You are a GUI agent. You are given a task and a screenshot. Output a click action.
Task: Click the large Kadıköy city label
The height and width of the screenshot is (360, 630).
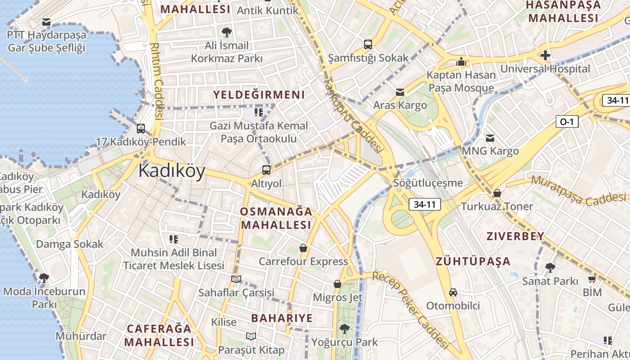pyautogui.click(x=171, y=171)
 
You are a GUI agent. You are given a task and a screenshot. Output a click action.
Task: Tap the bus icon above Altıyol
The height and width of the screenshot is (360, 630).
pyautogui.click(x=266, y=170)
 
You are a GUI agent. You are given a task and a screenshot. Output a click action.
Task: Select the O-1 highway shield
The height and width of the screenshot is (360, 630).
pyautogui.click(x=567, y=121)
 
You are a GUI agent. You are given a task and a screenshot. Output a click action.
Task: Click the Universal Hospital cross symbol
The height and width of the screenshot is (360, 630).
pyautogui.click(x=545, y=55)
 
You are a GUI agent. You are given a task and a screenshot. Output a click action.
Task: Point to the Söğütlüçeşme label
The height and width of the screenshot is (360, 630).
pyautogui.click(x=427, y=183)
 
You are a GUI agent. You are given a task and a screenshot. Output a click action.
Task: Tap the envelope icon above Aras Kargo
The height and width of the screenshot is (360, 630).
pyautogui.click(x=400, y=92)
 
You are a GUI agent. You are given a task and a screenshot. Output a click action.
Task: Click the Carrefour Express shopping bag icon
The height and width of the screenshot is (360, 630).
pyautogui.click(x=303, y=248)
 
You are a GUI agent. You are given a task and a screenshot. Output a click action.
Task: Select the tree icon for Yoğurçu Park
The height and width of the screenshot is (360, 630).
pyautogui.click(x=345, y=329)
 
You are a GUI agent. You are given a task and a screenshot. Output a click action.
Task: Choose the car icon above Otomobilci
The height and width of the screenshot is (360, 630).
pyautogui.click(x=453, y=292)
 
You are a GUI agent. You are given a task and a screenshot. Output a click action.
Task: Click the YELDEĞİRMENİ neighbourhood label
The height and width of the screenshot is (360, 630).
pyautogui.click(x=259, y=95)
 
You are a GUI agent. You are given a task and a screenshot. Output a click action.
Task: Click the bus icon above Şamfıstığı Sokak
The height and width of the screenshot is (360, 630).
pyautogui.click(x=368, y=45)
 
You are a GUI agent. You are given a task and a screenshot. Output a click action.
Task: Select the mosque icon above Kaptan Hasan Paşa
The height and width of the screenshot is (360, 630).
pyautogui.click(x=461, y=62)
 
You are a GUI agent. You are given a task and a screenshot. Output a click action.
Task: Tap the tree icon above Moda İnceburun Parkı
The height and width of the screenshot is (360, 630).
pyautogui.click(x=44, y=278)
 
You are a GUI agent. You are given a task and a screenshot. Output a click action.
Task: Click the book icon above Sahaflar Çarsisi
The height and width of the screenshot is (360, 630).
pyautogui.click(x=236, y=279)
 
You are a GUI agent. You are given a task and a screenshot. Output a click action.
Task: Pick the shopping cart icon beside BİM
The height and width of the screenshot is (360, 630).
pyautogui.click(x=592, y=279)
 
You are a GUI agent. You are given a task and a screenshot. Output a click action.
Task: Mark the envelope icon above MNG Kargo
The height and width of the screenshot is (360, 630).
pyautogui.click(x=490, y=138)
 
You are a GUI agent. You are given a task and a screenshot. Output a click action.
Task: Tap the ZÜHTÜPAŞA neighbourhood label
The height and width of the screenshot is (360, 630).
pyautogui.click(x=473, y=261)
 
